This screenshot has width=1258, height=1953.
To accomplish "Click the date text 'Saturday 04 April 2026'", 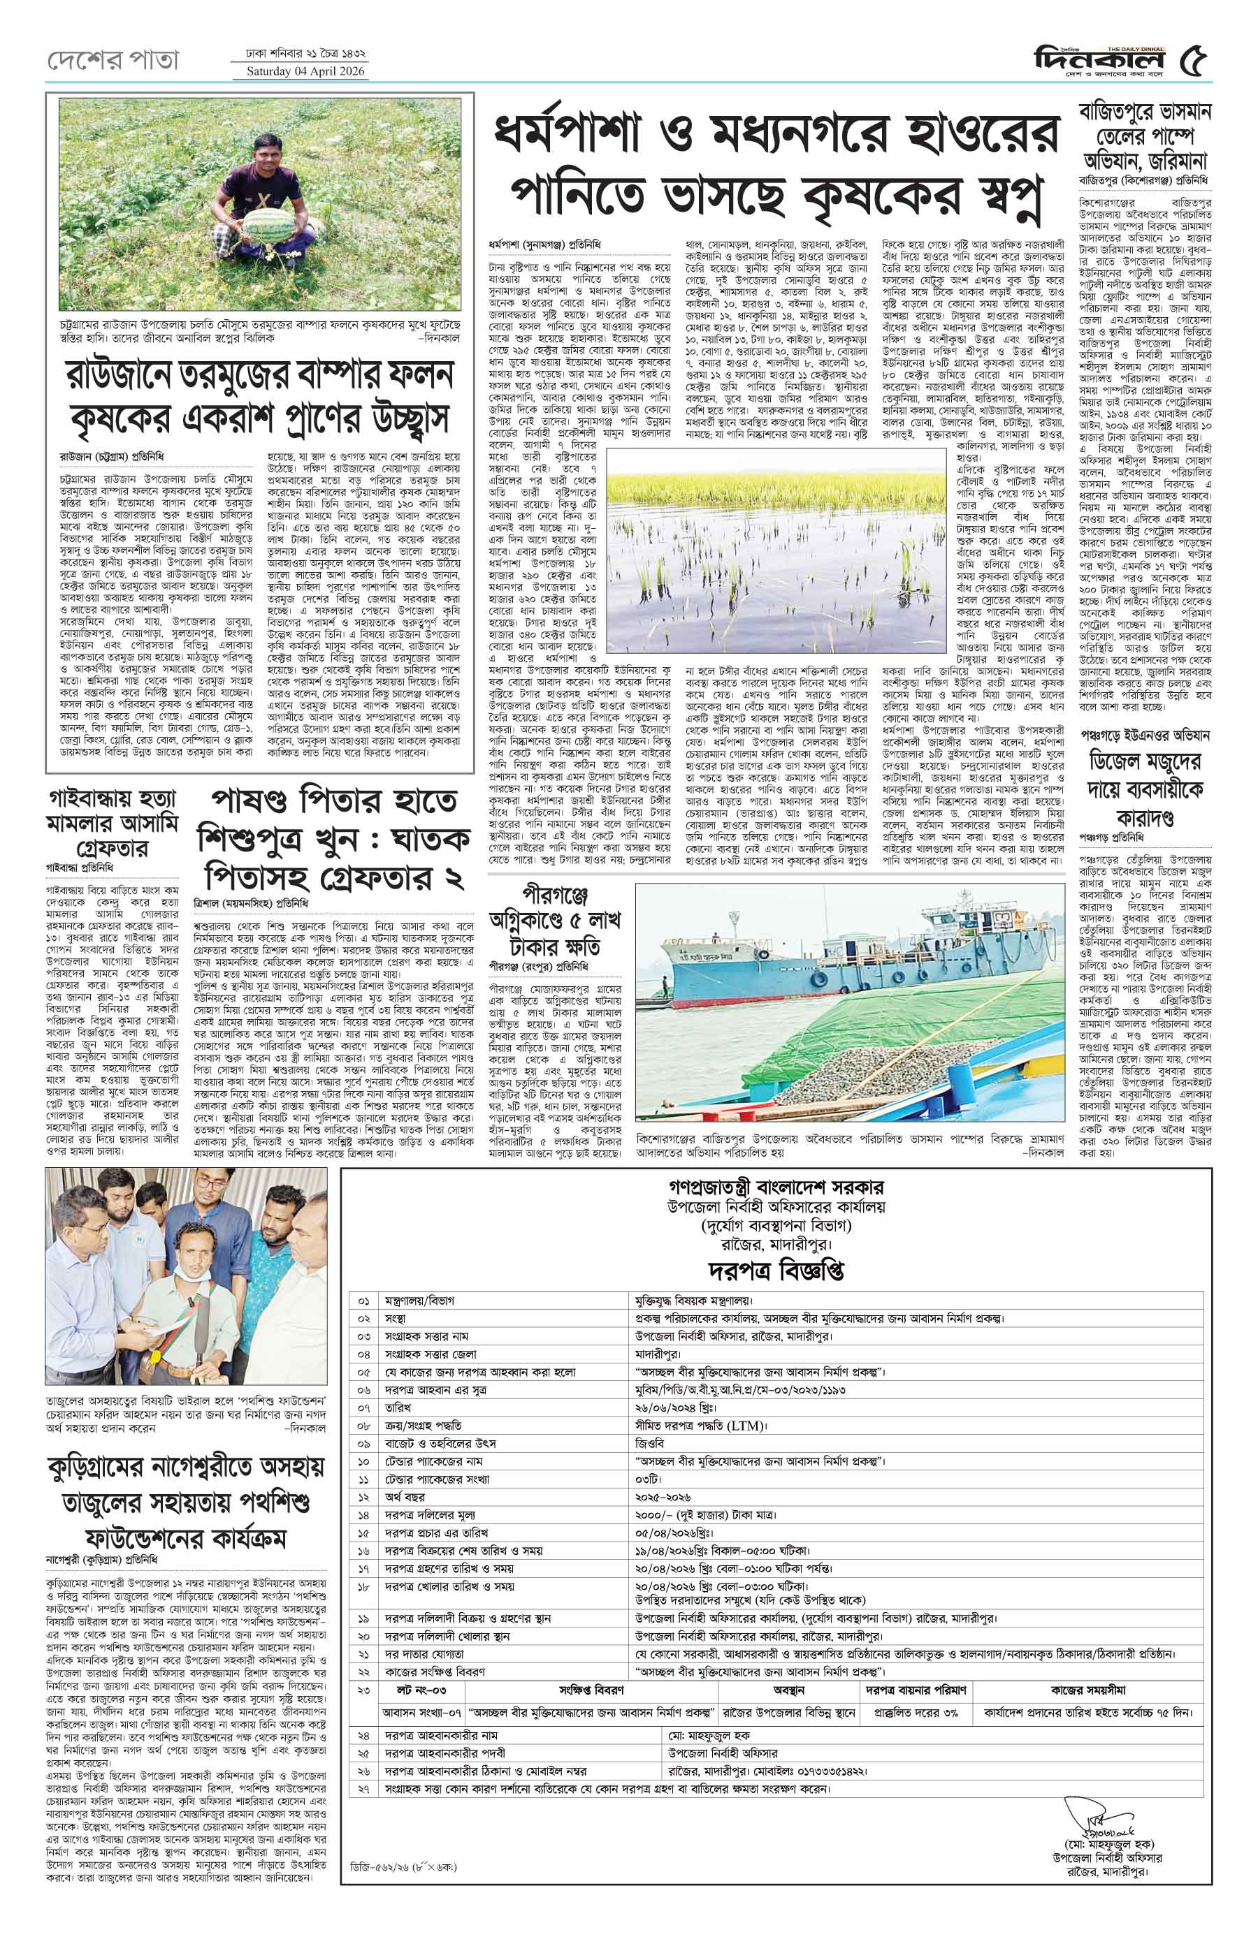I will [x=301, y=71].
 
